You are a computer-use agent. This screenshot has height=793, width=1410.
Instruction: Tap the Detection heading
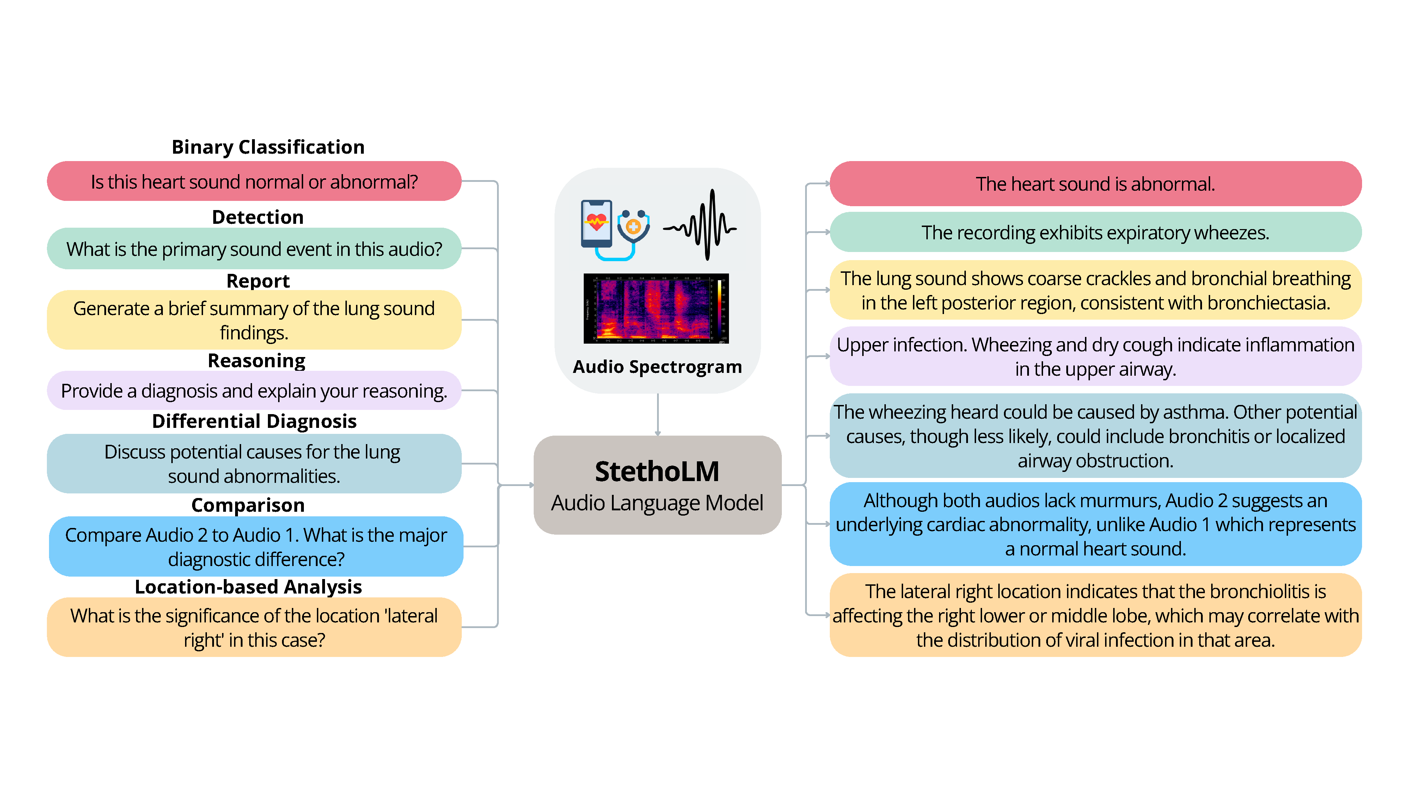point(257,217)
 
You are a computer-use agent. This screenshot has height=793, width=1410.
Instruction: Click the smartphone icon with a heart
point(596,225)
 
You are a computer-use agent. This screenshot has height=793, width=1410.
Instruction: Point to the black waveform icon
point(701,226)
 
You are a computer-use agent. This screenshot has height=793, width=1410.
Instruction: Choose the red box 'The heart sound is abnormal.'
point(1095,184)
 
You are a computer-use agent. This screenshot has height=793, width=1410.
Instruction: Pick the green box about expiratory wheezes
point(1095,233)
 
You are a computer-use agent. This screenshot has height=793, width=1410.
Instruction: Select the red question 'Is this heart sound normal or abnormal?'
point(254,182)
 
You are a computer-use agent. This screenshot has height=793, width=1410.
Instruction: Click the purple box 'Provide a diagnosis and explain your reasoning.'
point(254,391)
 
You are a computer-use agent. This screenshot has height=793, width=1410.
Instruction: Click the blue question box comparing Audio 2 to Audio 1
point(256,547)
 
